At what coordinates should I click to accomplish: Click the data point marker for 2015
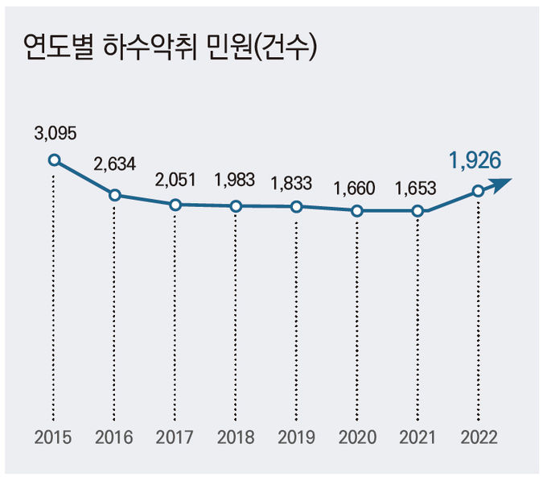click(x=54, y=160)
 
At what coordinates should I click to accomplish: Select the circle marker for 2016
click(x=115, y=195)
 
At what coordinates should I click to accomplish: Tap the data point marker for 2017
click(x=175, y=205)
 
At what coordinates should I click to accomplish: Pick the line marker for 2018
click(x=236, y=206)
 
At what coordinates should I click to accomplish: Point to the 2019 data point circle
click(x=297, y=206)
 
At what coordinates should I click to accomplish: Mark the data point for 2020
click(x=357, y=211)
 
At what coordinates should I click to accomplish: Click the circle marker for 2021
click(x=417, y=211)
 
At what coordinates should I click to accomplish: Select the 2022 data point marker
click(x=478, y=191)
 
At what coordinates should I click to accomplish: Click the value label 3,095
click(x=54, y=133)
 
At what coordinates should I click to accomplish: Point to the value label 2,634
click(x=115, y=164)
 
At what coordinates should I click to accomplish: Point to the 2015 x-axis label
click(x=54, y=438)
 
